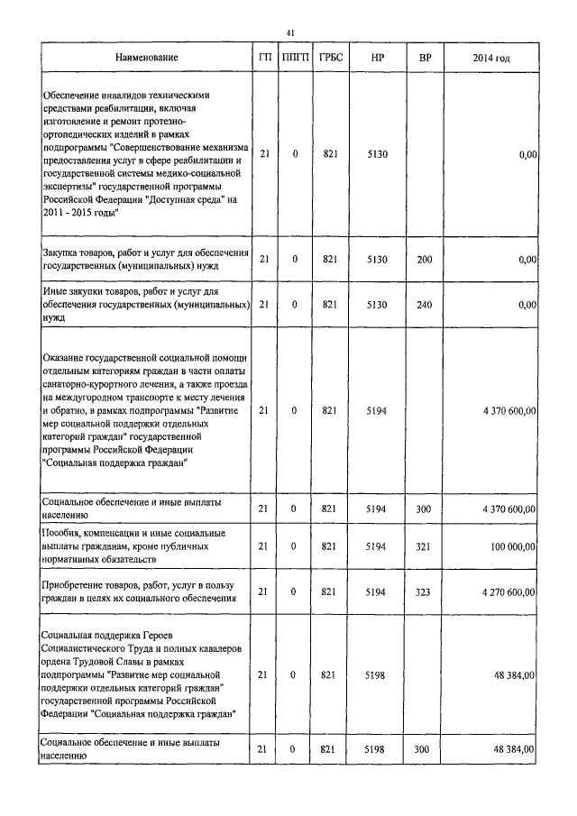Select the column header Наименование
point(146,58)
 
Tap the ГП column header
point(264,58)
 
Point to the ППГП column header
point(295,58)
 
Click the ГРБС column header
point(330,58)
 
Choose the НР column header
point(377,58)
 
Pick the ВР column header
point(425,58)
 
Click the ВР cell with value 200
point(425,259)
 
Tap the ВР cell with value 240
point(425,305)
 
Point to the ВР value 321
point(425,546)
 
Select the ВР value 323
point(425,591)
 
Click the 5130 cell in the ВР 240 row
point(377,305)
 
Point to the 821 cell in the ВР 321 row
point(330,546)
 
